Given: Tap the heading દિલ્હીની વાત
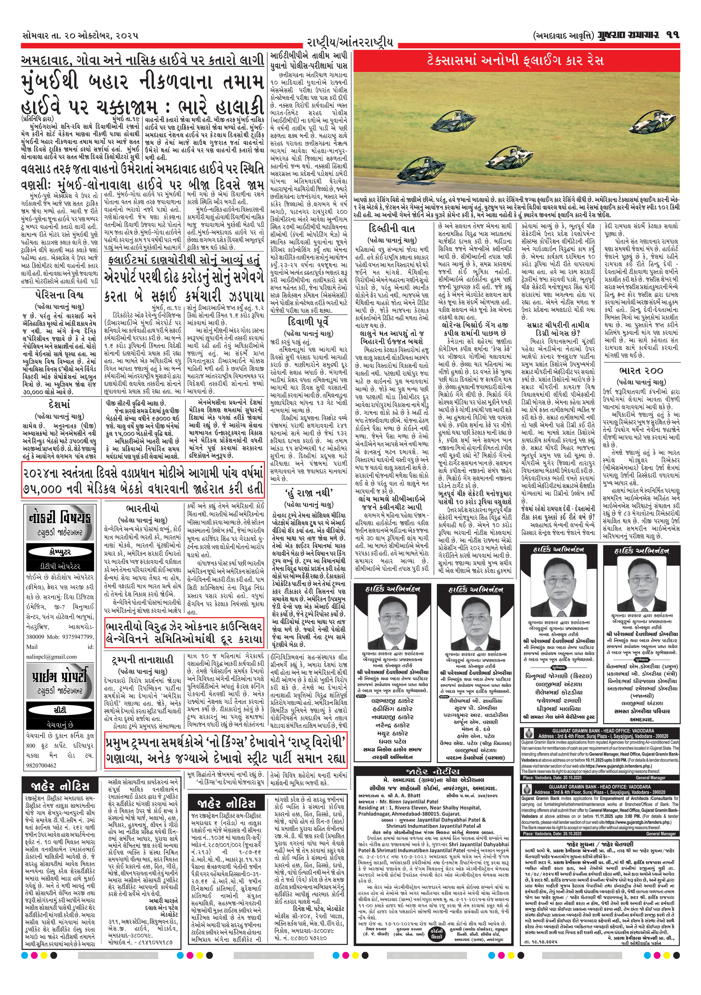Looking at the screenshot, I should (392, 228).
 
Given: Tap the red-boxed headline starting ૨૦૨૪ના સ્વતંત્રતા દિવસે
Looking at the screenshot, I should (143, 480).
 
